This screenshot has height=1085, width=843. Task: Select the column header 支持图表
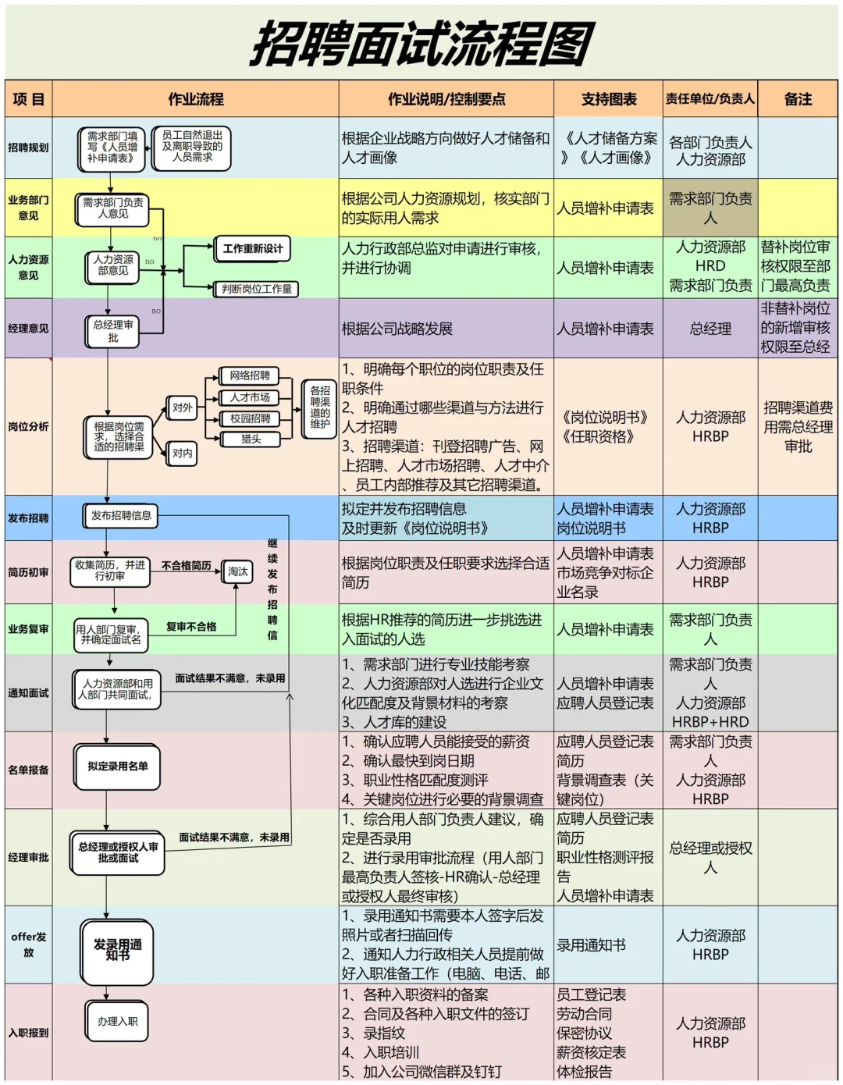[608, 99]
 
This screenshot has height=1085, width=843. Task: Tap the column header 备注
[798, 99]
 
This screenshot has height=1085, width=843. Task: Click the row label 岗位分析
[28, 427]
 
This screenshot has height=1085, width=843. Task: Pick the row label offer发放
[28, 944]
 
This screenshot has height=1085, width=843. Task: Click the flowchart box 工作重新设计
[252, 249]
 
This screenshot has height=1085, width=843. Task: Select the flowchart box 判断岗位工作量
[256, 289]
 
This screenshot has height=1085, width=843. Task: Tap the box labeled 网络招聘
[250, 376]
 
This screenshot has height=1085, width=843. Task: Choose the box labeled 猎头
[250, 439]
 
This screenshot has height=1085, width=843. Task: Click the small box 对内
[183, 454]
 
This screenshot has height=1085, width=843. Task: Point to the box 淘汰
[237, 572]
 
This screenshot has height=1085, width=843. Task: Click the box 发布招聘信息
[121, 516]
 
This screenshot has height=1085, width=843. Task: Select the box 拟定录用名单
[118, 767]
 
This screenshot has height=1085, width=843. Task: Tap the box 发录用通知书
[118, 950]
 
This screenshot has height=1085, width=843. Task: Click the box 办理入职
[117, 1021]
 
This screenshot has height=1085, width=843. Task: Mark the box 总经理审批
[113, 331]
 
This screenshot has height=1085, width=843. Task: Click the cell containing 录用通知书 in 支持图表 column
[591, 945]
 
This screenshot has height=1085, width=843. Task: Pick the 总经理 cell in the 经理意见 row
[710, 329]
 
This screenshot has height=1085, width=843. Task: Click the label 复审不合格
[191, 627]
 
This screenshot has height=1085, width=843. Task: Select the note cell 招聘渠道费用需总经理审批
[798, 427]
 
